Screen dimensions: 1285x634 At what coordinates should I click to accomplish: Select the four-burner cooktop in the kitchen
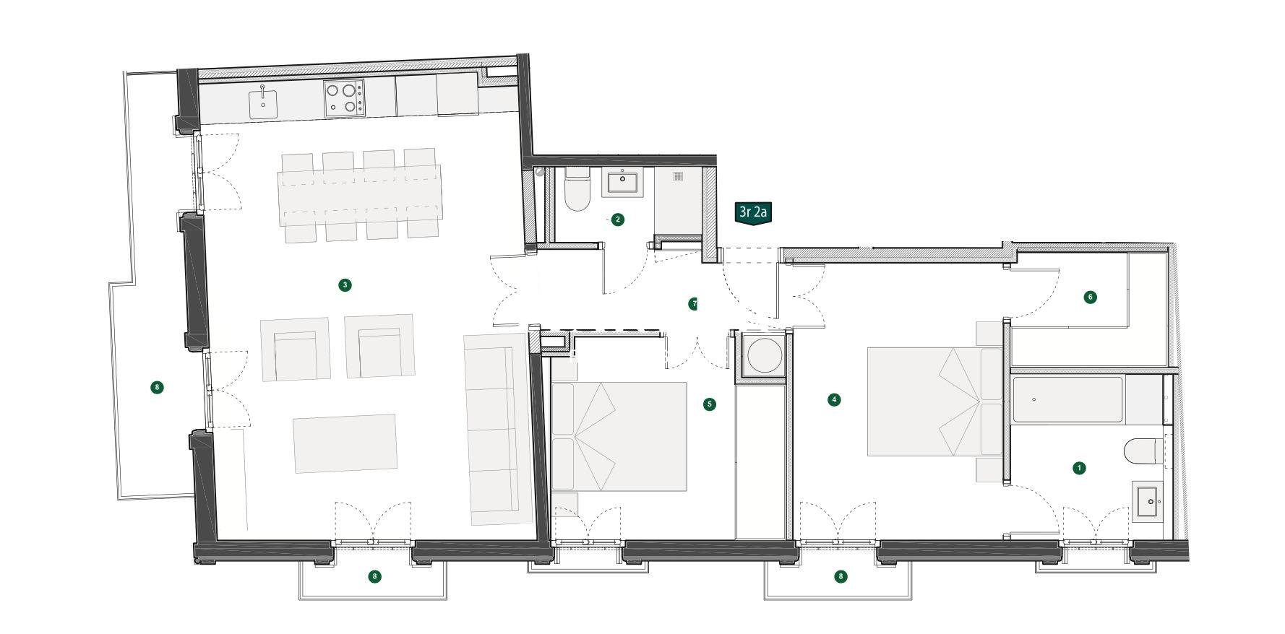coord(343,98)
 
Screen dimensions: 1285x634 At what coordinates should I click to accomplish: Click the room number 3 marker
coord(345,285)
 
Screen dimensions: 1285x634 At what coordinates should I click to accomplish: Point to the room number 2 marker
coord(617,220)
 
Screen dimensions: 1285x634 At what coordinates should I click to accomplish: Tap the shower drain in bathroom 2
coord(678,176)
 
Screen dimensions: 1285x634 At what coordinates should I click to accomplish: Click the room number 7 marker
coord(693,304)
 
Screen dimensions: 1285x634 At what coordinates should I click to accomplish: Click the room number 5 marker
coord(709,404)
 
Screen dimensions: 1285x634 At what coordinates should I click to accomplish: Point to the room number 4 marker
coord(834,399)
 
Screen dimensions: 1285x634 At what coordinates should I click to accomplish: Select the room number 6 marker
coord(1090,297)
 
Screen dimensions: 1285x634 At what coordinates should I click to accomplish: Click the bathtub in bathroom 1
coord(1068,400)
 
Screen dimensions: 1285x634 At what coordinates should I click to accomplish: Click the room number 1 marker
coord(1079,468)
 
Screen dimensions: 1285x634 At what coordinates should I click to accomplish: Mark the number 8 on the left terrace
coord(157,388)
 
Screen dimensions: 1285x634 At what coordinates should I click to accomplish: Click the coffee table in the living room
coord(345,443)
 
